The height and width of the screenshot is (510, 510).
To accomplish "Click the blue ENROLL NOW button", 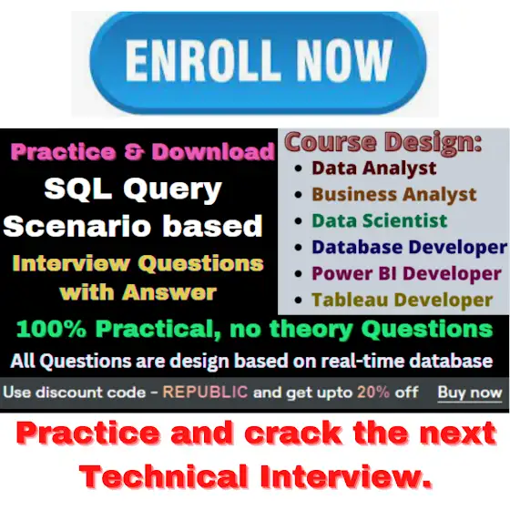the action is point(258,63).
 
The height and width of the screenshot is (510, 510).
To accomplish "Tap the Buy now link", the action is point(470,393).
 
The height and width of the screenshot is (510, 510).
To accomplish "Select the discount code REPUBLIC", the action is point(205,392).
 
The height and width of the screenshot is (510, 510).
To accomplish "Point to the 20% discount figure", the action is point(373,392).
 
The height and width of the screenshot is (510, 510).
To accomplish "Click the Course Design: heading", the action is point(383,141).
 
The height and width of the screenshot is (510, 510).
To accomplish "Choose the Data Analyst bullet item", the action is point(374,168).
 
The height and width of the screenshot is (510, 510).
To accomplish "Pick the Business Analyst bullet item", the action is point(394,195).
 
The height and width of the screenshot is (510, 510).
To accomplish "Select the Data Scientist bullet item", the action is point(380,220).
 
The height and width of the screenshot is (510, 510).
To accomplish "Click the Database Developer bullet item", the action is point(410,247).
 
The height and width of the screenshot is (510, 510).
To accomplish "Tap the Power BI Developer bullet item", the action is point(406,273).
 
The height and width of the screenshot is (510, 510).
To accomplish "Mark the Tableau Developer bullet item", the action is point(403,300).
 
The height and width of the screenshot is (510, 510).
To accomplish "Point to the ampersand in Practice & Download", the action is point(133,152).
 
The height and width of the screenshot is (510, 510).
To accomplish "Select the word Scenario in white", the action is point(77,226).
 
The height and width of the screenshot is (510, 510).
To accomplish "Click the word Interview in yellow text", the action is point(71,263).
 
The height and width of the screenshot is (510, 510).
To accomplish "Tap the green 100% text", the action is point(51,329).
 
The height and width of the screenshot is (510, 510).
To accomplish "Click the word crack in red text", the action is point(292,433).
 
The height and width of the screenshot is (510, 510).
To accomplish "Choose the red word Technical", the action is point(164,475).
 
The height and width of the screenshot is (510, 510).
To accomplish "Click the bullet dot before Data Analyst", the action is point(299,168).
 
